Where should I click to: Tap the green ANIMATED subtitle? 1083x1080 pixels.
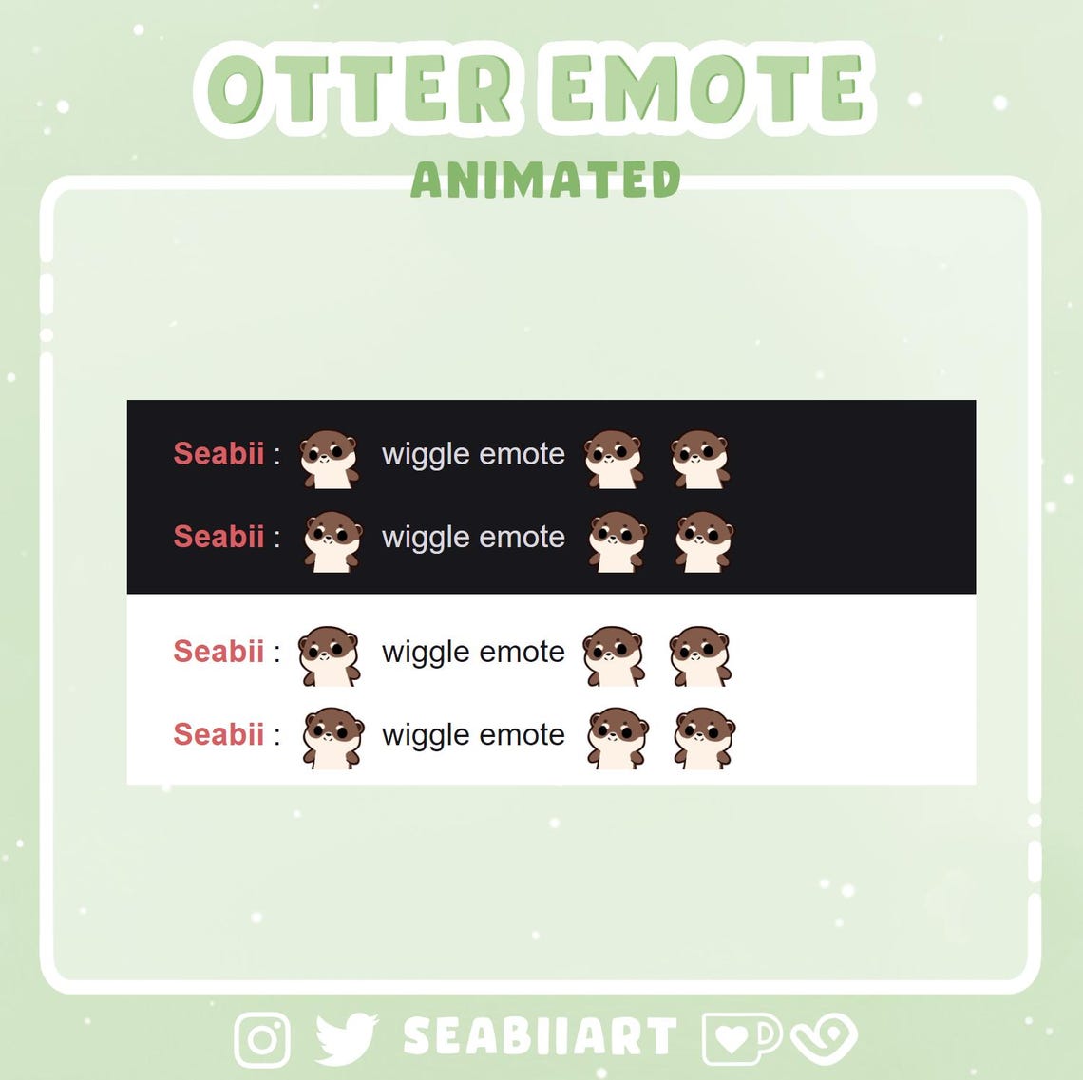click(545, 180)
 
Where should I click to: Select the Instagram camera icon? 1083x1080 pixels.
click(262, 1038)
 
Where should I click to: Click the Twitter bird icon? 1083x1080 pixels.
click(346, 1038)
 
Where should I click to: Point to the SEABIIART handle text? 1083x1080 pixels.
click(540, 1037)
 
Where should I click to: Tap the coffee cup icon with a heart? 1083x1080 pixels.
click(740, 1038)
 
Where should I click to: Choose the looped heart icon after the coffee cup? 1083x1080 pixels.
click(824, 1038)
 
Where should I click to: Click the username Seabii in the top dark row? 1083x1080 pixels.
click(218, 454)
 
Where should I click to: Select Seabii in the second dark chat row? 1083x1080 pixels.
click(218, 537)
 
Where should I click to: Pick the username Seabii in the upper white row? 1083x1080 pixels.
click(218, 652)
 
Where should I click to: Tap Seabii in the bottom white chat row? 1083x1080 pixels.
click(218, 734)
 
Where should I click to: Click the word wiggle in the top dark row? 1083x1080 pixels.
click(425, 455)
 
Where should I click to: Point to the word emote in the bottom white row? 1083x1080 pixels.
click(522, 734)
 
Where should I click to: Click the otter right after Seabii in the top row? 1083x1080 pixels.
click(329, 459)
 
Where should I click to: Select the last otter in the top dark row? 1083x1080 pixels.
click(700, 459)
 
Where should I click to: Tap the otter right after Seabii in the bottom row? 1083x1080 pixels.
click(332, 737)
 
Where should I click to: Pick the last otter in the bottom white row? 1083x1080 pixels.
click(704, 737)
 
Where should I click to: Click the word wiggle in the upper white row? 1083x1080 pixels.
click(425, 653)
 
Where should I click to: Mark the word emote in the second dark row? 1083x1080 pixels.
click(522, 537)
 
